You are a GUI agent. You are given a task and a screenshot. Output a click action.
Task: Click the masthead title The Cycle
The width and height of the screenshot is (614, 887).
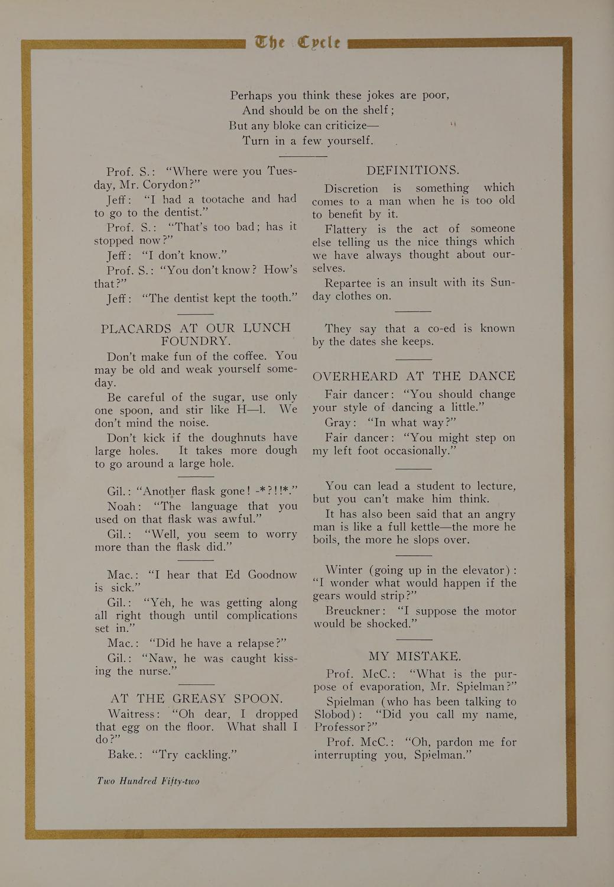tap(297, 43)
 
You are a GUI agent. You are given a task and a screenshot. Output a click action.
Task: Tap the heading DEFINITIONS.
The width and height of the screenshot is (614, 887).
tap(412, 170)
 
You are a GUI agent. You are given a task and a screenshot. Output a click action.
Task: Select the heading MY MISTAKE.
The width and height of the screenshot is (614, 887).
tap(414, 656)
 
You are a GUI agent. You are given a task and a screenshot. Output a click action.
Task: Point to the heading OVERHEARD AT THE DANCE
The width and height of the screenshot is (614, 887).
tap(414, 376)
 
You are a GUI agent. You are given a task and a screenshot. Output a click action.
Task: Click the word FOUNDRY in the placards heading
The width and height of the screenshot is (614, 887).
tap(195, 341)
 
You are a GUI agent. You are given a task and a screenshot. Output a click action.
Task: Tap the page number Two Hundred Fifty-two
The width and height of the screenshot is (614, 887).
tap(148, 781)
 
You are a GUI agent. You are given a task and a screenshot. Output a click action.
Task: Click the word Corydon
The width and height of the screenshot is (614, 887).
tap(165, 184)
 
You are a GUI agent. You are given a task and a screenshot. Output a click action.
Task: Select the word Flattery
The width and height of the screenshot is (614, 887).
tap(346, 229)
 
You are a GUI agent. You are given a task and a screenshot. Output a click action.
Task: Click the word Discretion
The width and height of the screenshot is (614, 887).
tap(351, 189)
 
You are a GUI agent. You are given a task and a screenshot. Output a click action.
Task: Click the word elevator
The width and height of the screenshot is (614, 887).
tap(478, 570)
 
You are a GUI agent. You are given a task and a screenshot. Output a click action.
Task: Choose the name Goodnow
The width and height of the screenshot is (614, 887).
tap(272, 575)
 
